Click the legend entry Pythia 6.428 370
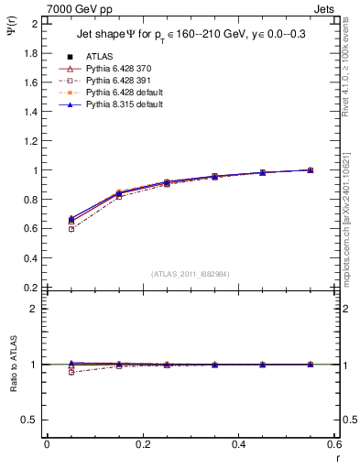(115, 69)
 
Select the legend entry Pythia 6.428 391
(115, 81)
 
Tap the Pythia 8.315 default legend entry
(119, 104)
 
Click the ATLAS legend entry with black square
(100, 57)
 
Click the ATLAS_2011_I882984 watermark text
(190, 274)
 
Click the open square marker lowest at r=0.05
(71, 229)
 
